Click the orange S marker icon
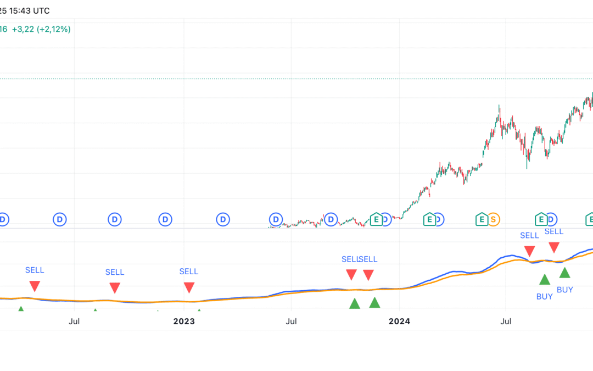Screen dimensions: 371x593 point(494,219)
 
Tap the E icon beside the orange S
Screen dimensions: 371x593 point(482,219)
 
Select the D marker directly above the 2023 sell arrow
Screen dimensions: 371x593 point(165,219)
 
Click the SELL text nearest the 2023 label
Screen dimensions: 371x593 point(188,272)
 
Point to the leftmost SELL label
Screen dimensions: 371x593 point(35,270)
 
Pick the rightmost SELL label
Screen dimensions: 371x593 point(553,231)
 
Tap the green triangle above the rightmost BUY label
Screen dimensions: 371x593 point(564,273)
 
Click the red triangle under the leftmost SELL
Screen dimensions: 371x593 point(35,286)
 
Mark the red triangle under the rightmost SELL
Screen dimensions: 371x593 point(553,247)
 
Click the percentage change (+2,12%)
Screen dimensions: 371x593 point(54,29)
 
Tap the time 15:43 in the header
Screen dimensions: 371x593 point(18,10)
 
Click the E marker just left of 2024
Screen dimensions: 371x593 point(376,219)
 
